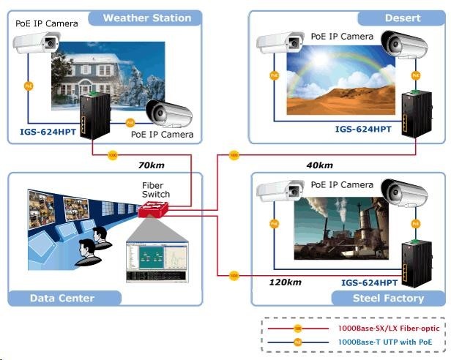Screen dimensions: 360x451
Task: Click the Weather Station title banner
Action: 146,18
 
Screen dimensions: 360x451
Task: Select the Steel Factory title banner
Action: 388,298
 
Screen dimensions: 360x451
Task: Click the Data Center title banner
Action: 62,298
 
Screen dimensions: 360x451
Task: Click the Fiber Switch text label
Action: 155,190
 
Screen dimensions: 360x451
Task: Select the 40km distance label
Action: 319,165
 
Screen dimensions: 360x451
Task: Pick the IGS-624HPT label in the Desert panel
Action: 363,130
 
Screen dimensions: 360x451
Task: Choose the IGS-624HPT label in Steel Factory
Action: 370,282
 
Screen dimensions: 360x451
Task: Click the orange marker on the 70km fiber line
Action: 112,155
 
